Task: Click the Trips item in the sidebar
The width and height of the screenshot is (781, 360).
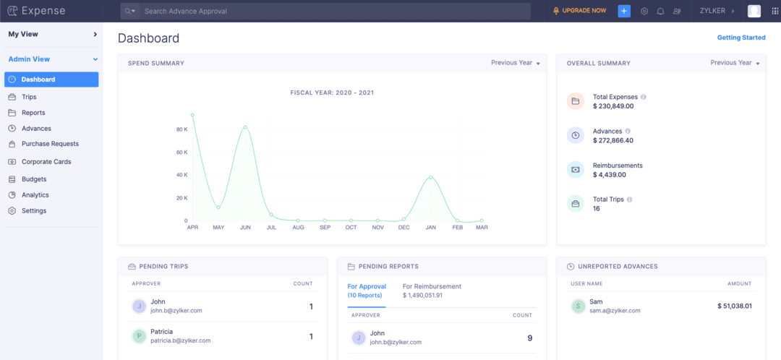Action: tap(29, 97)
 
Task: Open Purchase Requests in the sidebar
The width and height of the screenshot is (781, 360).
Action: tap(50, 144)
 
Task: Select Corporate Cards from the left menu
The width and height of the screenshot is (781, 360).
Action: tap(46, 162)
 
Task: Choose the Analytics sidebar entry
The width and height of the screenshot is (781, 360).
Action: tap(35, 195)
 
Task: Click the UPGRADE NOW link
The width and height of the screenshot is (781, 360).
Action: tap(584, 11)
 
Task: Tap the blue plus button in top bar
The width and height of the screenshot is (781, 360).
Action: tap(624, 11)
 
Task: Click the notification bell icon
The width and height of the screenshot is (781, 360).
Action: tap(660, 12)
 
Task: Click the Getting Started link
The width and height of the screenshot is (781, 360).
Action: tap(741, 38)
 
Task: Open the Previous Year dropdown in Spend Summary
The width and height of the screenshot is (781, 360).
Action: tap(515, 63)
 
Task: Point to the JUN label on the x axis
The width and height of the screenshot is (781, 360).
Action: tap(245, 228)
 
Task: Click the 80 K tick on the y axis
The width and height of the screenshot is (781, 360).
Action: tap(182, 129)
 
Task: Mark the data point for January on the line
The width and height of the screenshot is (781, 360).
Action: tap(430, 177)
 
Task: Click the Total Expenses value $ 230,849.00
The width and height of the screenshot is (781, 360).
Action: tap(613, 106)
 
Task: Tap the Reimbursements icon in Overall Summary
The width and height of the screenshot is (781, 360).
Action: tap(575, 169)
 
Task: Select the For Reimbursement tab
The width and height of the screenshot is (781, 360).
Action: tap(432, 286)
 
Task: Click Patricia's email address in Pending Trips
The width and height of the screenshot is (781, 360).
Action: tap(181, 340)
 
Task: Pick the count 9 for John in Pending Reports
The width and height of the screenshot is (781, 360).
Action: tap(529, 338)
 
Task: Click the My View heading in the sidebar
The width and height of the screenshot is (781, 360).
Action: tap(23, 34)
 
